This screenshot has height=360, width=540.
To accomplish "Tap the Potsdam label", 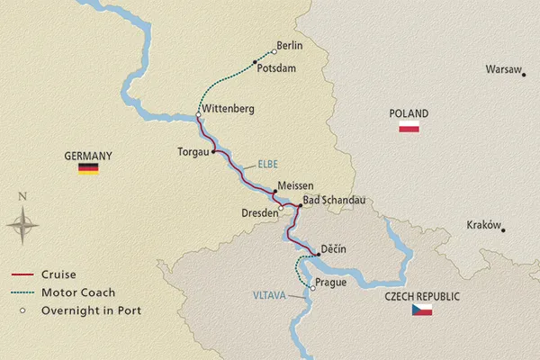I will coord(276,67).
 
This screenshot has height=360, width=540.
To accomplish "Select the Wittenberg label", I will coord(229,109).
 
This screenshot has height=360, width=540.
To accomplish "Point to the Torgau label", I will coord(193,152).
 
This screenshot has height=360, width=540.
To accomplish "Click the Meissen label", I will coord(296,185).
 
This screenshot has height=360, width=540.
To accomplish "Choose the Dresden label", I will coord(258,213).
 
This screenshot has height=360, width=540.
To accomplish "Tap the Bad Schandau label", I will coord(334,201).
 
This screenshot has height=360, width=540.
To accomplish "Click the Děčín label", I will coord(333,249).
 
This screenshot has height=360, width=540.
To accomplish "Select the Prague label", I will coord(331,283).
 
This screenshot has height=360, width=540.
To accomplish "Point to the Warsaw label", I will coord(502,68).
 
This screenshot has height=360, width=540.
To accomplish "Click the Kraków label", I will coord(483,225).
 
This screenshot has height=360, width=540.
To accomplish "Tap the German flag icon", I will coord(88,168).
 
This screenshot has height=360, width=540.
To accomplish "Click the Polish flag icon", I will coord(409,128).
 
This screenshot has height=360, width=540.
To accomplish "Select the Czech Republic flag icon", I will coord(422,310).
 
